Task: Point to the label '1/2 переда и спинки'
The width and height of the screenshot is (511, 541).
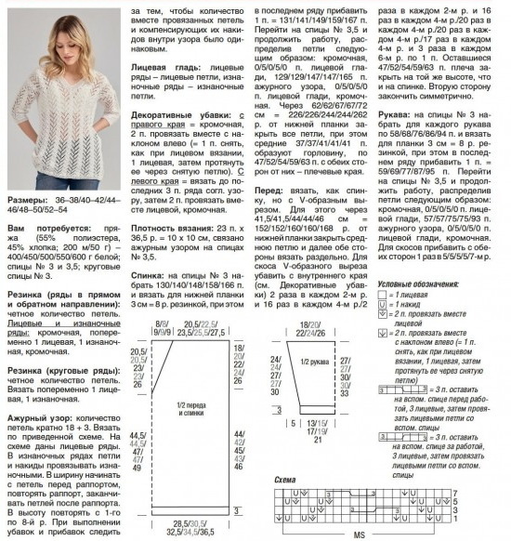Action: (x=191, y=409)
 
